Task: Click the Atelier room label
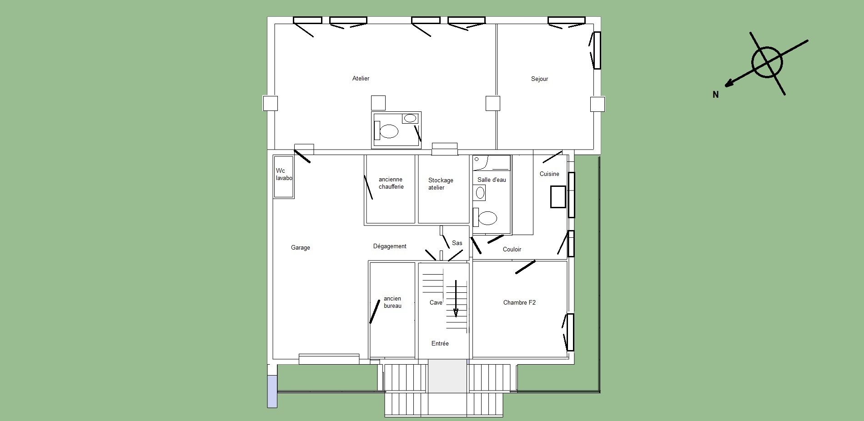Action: [361, 79]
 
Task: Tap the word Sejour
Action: [539, 79]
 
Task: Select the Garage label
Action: [301, 248]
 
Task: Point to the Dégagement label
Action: [390, 246]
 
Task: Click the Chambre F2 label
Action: [519, 303]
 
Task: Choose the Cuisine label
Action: [549, 174]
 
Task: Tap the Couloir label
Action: [512, 250]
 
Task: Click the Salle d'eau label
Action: [492, 180]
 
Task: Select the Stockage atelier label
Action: [441, 184]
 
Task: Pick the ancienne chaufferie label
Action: [391, 183]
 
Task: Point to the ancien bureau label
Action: [392, 302]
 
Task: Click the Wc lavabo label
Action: [284, 175]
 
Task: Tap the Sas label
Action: [457, 243]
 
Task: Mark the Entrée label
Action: [440, 344]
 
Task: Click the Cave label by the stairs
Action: [436, 303]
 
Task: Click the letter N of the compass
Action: [716, 95]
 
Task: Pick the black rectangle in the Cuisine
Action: [558, 197]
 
